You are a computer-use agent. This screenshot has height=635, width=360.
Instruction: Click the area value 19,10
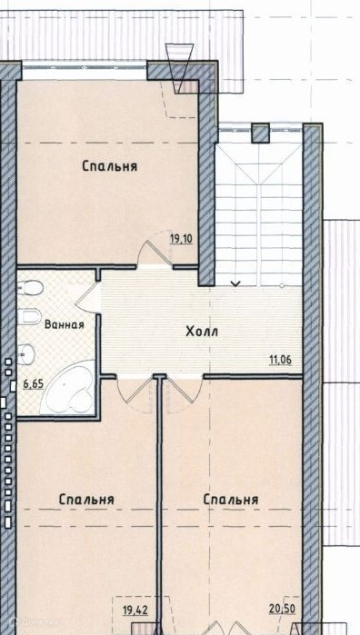coord(181,239)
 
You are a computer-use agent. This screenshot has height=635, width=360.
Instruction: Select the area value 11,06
coord(281,359)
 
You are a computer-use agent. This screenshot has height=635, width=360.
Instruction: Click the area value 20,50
coord(281,609)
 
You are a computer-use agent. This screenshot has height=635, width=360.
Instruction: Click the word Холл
coord(202,332)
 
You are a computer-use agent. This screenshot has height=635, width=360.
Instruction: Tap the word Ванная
coord(65,324)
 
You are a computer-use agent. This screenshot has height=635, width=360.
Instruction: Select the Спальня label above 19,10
coord(109,166)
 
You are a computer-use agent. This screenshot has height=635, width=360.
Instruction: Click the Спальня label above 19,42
coord(86,500)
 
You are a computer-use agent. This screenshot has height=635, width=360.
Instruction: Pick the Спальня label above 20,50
coord(231,500)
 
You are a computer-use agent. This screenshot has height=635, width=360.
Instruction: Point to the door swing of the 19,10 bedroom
coord(154,248)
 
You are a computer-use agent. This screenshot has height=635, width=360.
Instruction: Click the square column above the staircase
coord(260,134)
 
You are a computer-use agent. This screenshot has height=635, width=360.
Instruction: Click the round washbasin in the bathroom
coord(26,354)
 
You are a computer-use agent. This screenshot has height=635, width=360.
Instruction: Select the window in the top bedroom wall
coord(84,71)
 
